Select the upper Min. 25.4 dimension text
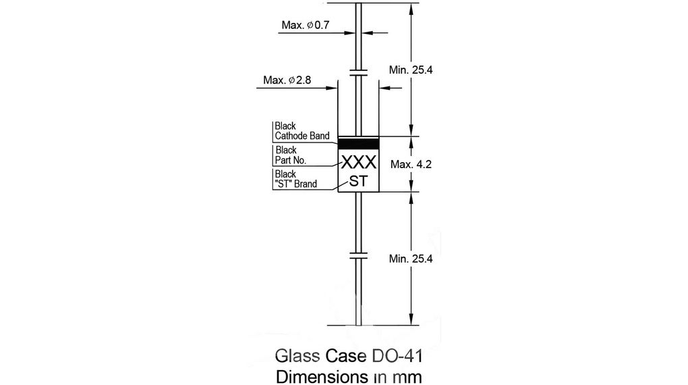(x=415, y=70)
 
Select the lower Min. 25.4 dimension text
(x=415, y=258)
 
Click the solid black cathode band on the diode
(x=358, y=143)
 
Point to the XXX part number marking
(x=358, y=163)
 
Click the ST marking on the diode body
(x=358, y=181)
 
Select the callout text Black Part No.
(x=291, y=155)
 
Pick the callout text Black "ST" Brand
(x=295, y=179)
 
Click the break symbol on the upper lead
(x=358, y=72)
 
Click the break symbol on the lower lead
(x=358, y=256)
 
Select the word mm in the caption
(x=409, y=376)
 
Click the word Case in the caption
(x=347, y=356)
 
